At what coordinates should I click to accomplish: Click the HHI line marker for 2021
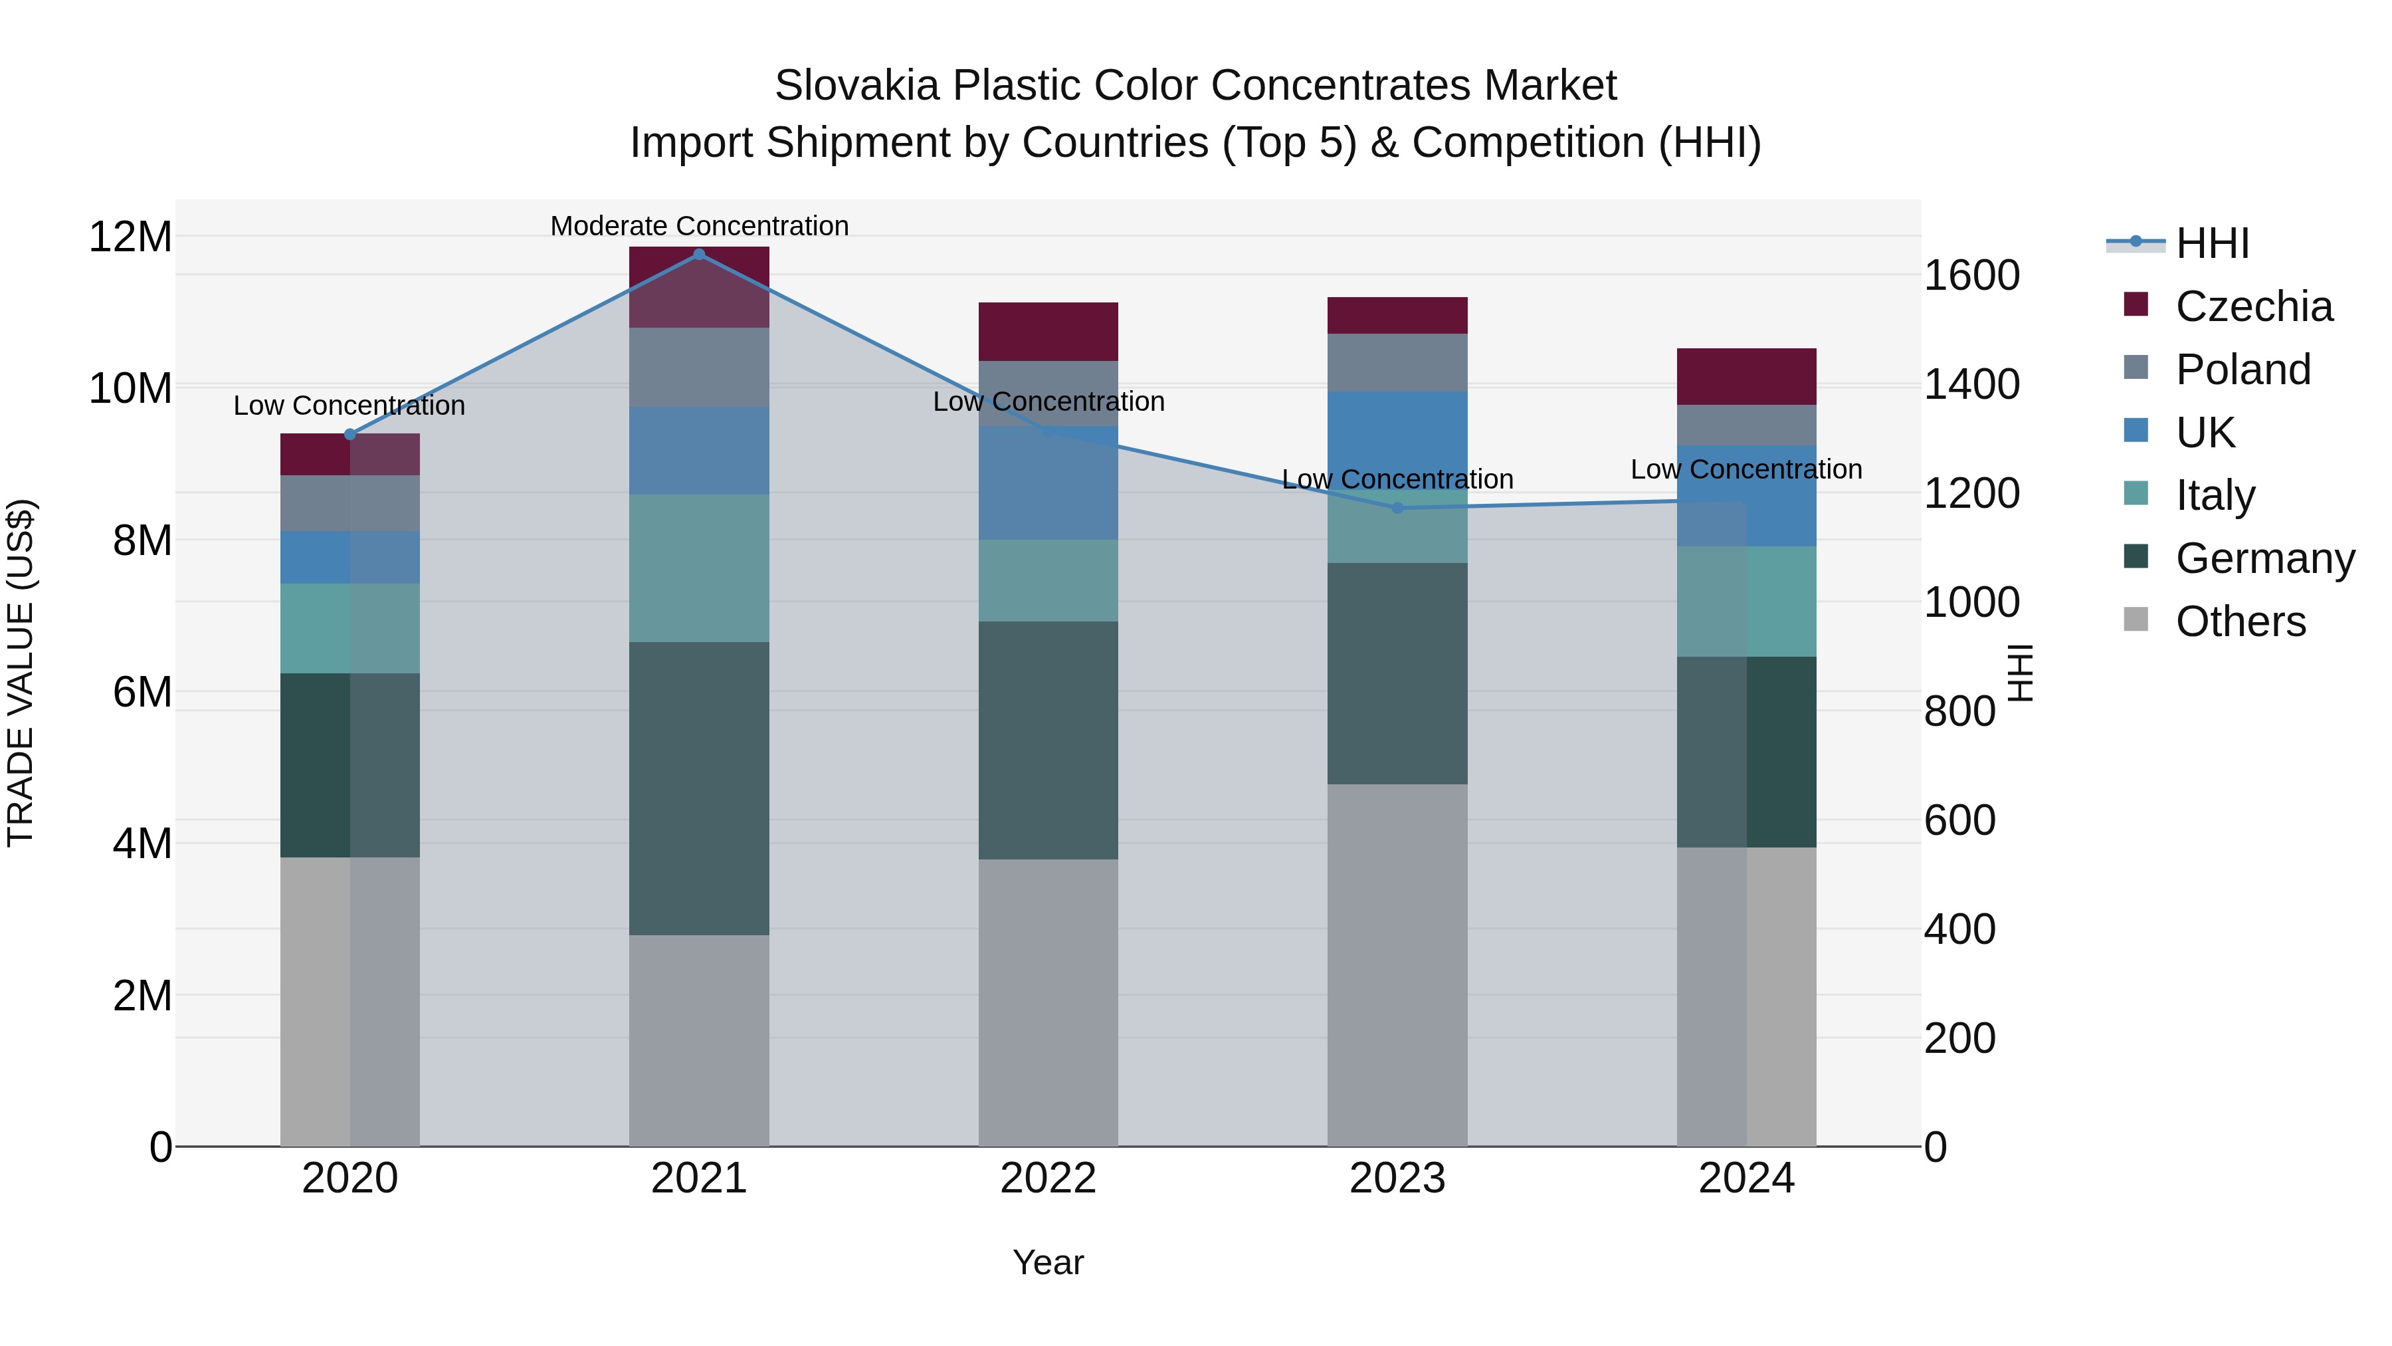pyautogui.click(x=699, y=255)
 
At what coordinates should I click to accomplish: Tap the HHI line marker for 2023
pyautogui.click(x=1397, y=508)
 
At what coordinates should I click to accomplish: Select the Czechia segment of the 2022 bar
pyautogui.click(x=1048, y=332)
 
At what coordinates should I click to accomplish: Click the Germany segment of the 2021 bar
pyautogui.click(x=699, y=788)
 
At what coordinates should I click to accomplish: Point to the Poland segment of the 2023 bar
pyautogui.click(x=1397, y=362)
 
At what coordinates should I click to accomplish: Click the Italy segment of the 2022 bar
pyautogui.click(x=1048, y=580)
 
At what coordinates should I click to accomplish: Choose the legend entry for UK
pyautogui.click(x=2205, y=433)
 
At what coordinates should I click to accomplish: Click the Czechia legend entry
pyautogui.click(x=2252, y=306)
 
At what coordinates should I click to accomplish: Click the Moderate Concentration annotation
pyautogui.click(x=699, y=226)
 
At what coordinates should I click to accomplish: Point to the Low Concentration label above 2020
pyautogui.click(x=349, y=406)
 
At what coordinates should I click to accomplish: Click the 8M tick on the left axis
pyautogui.click(x=142, y=540)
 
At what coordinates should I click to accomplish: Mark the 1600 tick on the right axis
pyautogui.click(x=1971, y=275)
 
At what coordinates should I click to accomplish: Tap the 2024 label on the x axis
pyautogui.click(x=1745, y=1178)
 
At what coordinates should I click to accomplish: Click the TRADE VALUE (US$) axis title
pyautogui.click(x=21, y=673)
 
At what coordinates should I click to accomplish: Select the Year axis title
pyautogui.click(x=1047, y=1262)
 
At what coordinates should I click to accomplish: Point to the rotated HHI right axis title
pyautogui.click(x=2021, y=673)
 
